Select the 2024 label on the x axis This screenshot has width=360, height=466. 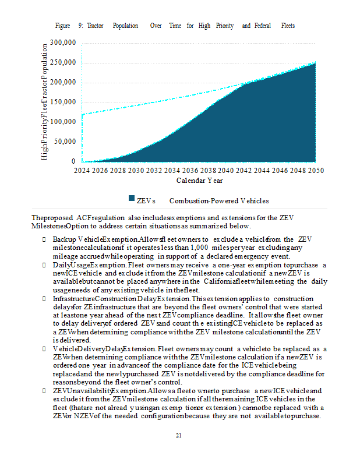[x=82, y=171]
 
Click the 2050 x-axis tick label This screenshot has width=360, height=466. [x=315, y=171]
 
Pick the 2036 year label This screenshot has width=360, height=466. [x=190, y=171]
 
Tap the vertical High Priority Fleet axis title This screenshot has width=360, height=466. [x=45, y=101]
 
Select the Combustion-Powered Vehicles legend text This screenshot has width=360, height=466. [x=219, y=201]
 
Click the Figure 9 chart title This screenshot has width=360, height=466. [x=175, y=26]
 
